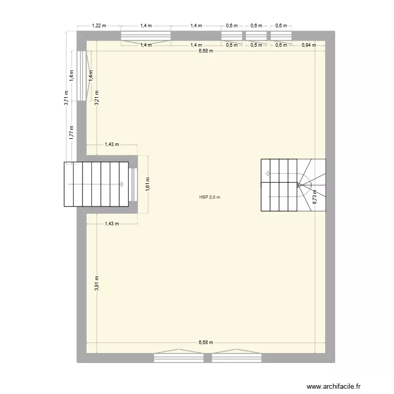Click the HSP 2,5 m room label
[x=210, y=198]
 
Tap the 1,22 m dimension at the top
[x=99, y=25]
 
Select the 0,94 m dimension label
[x=309, y=45]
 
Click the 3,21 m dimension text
[x=97, y=98]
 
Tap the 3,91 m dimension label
[x=97, y=283]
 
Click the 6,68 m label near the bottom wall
[x=206, y=343]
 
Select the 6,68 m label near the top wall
[x=206, y=51]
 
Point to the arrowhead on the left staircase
[x=122, y=184]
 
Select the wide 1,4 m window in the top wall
[x=146, y=36]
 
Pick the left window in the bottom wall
[x=179, y=358]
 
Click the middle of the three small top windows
[x=256, y=36]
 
